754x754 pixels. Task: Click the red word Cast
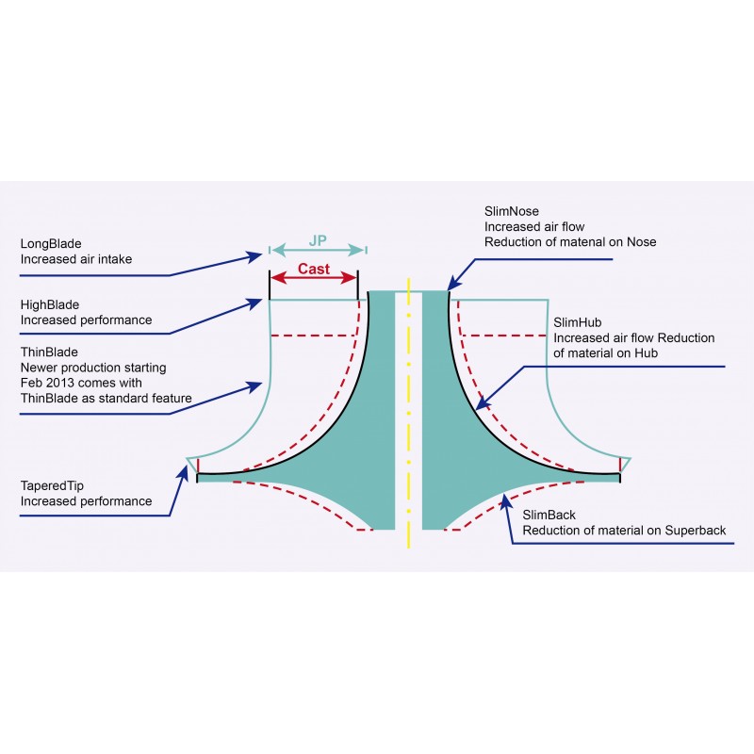point(314,268)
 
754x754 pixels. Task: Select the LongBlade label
point(50,242)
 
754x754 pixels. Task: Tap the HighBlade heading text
point(49,305)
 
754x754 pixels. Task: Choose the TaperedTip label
point(53,486)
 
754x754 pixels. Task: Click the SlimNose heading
point(512,212)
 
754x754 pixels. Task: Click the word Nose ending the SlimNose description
point(640,242)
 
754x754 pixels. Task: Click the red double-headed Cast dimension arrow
point(314,279)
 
